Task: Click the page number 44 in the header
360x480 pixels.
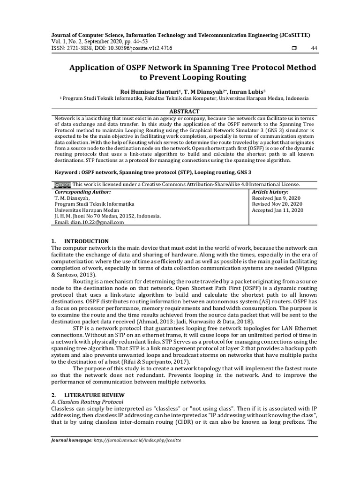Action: point(314,48)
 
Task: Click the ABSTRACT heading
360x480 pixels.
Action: point(184,111)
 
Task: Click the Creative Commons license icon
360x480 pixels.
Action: point(62,185)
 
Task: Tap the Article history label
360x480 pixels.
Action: point(270,192)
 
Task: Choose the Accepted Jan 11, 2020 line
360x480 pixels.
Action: point(277,210)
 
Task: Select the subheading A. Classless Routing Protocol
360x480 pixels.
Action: point(87,402)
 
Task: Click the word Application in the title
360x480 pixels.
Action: point(96,67)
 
